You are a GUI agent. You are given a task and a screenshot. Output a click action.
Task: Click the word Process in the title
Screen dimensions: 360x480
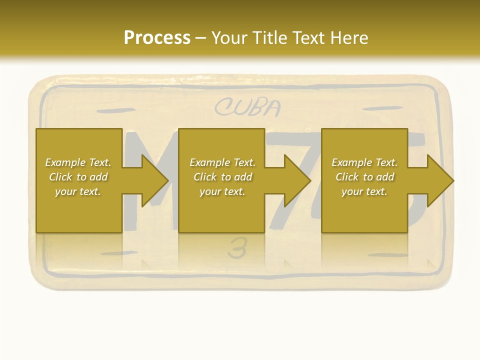tap(157, 37)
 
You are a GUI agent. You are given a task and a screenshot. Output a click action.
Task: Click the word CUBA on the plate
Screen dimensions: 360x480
tap(248, 107)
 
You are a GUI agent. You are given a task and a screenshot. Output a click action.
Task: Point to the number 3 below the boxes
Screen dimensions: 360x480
tap(237, 248)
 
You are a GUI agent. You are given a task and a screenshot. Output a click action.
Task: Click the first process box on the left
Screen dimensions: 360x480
tap(78, 210)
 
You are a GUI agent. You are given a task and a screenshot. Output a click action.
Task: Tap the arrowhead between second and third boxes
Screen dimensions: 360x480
tap(297, 180)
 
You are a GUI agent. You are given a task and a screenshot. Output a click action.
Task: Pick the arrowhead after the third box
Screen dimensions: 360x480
tap(439, 180)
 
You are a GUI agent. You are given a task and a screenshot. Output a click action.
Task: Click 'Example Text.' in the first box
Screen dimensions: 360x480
tap(78, 162)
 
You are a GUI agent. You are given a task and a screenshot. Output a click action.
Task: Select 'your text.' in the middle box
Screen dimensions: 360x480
tap(222, 191)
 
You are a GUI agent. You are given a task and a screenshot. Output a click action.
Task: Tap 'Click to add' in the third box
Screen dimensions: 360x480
tap(364, 177)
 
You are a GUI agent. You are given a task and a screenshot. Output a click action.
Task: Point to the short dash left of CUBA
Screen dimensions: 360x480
tap(115, 110)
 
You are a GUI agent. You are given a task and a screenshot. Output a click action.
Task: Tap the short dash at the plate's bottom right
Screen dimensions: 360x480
tap(387, 255)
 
